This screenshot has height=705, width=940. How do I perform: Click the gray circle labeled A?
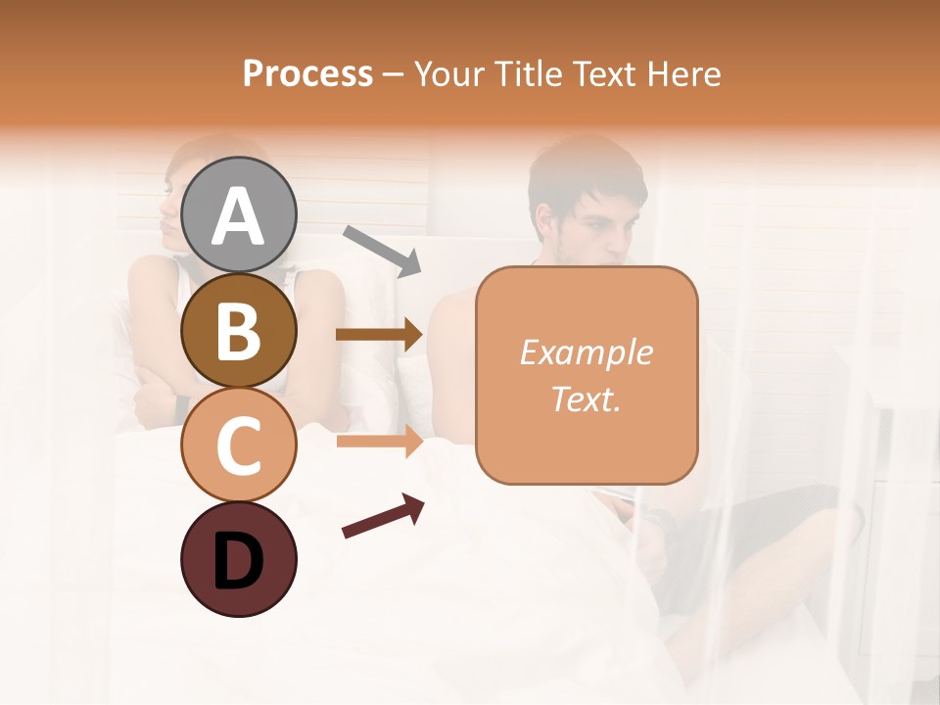(238, 215)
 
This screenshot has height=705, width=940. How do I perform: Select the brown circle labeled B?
(238, 330)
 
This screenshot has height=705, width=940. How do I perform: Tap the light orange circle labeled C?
(238, 445)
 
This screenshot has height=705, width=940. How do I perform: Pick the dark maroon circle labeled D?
(238, 559)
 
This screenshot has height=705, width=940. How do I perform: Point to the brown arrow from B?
(379, 335)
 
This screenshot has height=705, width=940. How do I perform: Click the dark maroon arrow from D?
(383, 516)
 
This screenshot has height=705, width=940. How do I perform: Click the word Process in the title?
(307, 73)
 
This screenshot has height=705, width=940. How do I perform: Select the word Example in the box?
(586, 352)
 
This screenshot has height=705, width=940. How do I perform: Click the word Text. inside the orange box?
(586, 399)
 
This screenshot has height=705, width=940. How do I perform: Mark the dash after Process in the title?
(394, 75)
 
